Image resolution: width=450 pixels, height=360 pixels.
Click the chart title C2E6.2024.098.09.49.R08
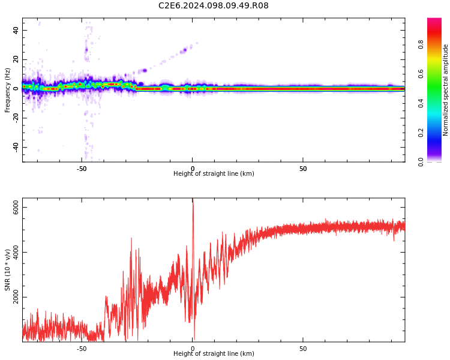click(213, 6)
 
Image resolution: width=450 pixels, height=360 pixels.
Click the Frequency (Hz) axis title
click(8, 90)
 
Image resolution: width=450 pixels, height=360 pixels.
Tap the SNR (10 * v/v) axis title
click(8, 270)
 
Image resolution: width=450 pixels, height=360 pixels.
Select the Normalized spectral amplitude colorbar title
click(446, 90)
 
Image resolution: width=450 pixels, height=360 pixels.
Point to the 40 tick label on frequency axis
click(16, 31)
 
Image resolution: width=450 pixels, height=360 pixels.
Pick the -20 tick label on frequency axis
click(14, 118)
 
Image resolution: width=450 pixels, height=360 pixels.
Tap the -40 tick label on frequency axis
click(14, 147)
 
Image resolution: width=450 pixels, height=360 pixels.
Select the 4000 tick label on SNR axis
click(16, 253)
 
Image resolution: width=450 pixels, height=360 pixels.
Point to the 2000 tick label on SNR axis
click(16, 298)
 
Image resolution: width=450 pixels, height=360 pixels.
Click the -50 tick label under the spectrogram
click(82, 169)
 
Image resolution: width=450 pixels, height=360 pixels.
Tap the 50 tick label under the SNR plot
click(303, 349)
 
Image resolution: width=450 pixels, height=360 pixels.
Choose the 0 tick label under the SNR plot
click(193, 349)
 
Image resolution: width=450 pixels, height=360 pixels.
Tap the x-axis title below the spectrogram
click(214, 174)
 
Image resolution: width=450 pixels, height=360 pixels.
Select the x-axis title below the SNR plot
click(214, 354)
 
